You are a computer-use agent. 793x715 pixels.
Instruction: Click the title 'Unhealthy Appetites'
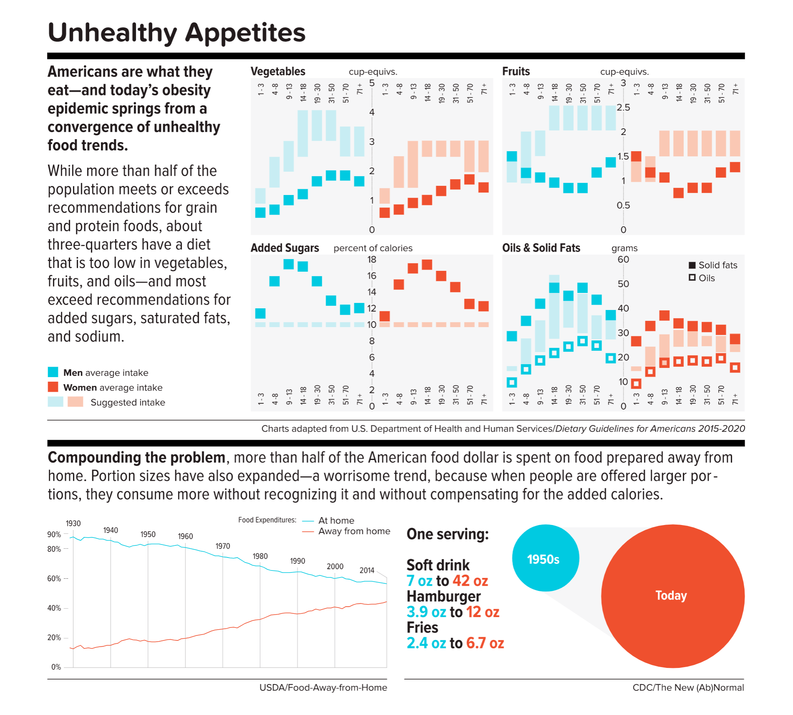177,32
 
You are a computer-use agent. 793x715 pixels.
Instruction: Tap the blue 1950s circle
545,558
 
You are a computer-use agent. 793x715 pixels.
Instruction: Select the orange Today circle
673,596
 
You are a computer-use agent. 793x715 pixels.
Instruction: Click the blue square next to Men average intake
53,372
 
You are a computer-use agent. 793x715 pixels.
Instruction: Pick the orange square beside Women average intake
53,387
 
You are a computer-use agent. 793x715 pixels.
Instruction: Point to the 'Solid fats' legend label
718,265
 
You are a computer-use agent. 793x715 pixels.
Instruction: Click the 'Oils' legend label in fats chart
706,278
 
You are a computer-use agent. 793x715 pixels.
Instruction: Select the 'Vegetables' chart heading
278,71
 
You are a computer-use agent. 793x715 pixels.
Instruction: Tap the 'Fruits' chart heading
516,71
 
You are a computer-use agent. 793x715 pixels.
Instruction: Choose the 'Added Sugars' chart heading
285,248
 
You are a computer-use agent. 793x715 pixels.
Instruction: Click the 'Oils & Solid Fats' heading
541,248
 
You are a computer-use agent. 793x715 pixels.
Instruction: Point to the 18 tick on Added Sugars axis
371,260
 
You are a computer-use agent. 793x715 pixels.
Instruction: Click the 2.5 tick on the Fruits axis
623,107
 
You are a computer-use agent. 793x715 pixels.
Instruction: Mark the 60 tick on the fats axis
623,260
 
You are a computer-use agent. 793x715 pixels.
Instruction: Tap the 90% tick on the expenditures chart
54,535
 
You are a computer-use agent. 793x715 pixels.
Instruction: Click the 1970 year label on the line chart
223,546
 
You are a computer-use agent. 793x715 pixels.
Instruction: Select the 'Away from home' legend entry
354,531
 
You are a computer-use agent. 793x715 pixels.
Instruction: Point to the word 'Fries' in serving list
422,627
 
